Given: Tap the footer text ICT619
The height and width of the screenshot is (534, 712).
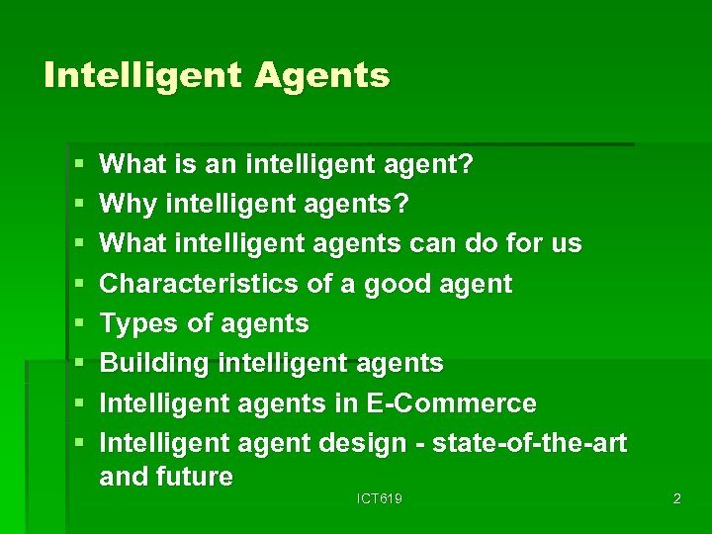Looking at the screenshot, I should pyautogui.click(x=380, y=499).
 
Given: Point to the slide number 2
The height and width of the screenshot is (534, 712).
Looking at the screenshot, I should pyautogui.click(x=676, y=499).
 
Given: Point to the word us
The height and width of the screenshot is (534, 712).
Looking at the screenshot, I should pyautogui.click(x=567, y=243).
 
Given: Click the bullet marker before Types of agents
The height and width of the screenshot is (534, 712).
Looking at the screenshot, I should pyautogui.click(x=77, y=324).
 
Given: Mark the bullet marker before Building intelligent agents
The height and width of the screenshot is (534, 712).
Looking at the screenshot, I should pyautogui.click(x=77, y=364).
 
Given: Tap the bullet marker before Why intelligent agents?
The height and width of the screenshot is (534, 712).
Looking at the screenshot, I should pyautogui.click(x=77, y=204).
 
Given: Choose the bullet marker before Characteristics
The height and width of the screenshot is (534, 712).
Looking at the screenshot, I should pyautogui.click(x=77, y=284).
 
